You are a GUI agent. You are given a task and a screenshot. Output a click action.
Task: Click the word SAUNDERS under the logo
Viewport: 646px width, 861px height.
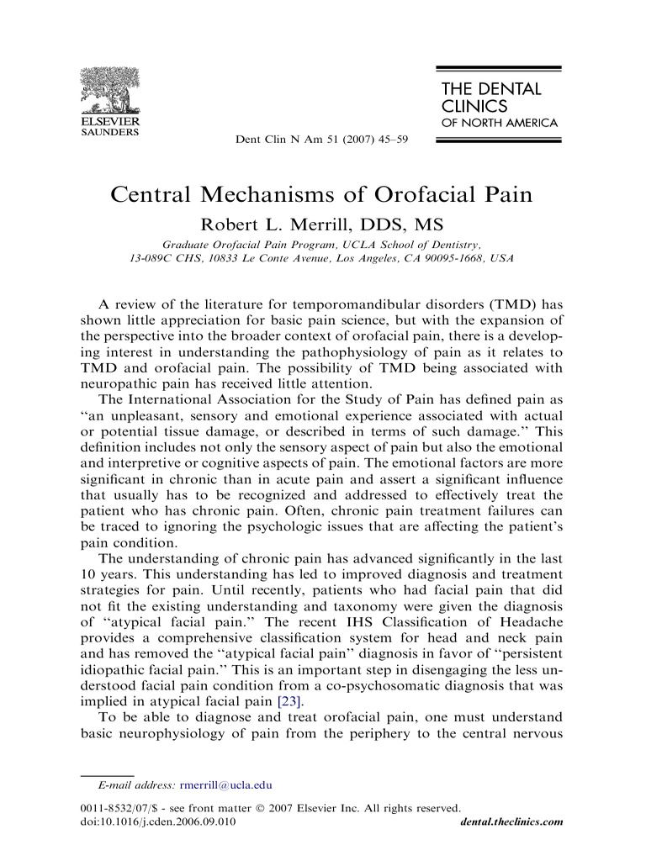pos(109,132)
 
